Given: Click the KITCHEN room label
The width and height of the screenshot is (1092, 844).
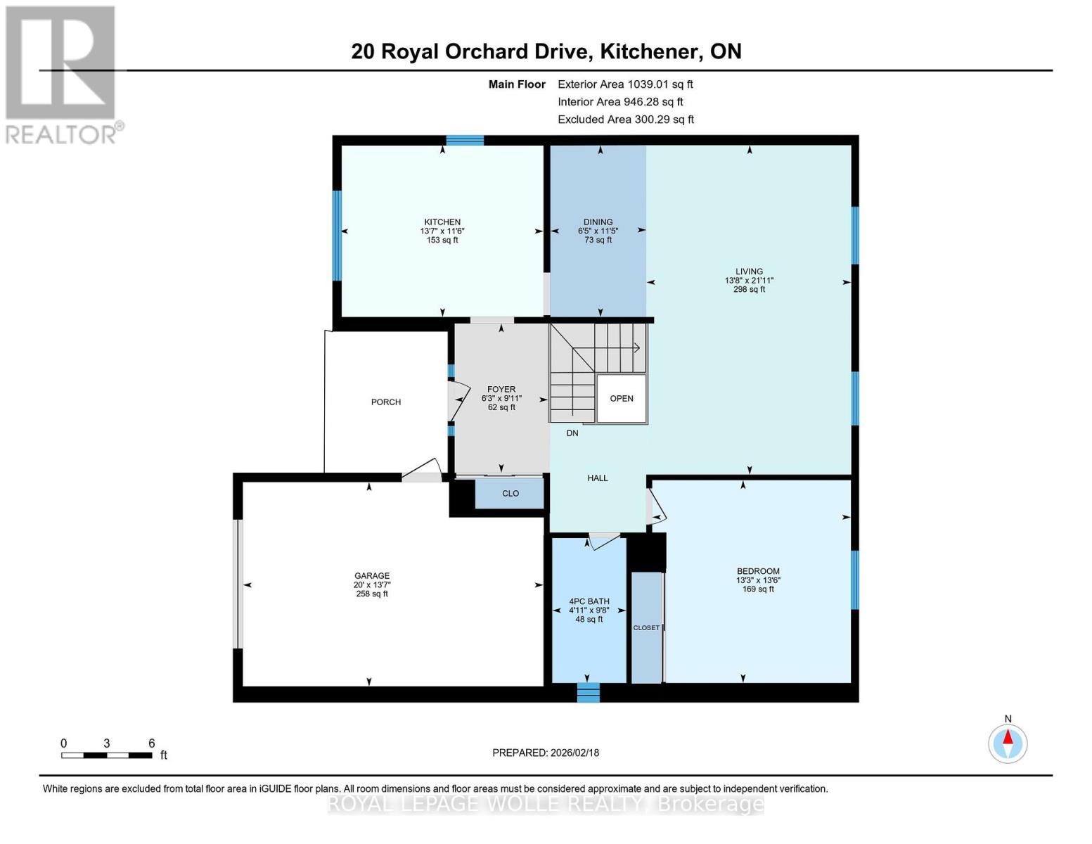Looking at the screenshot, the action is pyautogui.click(x=442, y=222).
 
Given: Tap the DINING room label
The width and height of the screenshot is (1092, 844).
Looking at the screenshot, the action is pyautogui.click(x=598, y=222).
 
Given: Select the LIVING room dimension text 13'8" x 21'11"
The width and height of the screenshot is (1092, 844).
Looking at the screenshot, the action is pyautogui.click(x=749, y=281).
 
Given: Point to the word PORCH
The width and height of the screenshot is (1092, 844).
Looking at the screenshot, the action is pyautogui.click(x=385, y=402).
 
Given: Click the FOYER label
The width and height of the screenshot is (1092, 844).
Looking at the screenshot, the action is pyautogui.click(x=501, y=389).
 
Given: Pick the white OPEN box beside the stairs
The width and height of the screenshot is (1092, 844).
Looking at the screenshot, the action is pyautogui.click(x=621, y=398).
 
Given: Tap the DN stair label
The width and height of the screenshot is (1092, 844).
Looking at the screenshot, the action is pyautogui.click(x=572, y=433).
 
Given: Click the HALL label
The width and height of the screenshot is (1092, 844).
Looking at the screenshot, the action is pyautogui.click(x=598, y=478).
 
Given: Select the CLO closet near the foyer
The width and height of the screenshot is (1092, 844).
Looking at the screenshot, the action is pyautogui.click(x=510, y=494).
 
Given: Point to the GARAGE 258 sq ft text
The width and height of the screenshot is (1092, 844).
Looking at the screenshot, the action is pyautogui.click(x=372, y=594).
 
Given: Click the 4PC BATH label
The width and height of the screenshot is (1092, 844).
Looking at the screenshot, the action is pyautogui.click(x=589, y=601).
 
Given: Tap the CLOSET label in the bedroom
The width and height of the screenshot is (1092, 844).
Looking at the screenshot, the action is pyautogui.click(x=646, y=628).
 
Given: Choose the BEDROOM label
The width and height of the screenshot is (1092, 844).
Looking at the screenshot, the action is pyautogui.click(x=758, y=571).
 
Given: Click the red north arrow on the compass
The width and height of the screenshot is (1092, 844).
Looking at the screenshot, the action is pyautogui.click(x=1008, y=737).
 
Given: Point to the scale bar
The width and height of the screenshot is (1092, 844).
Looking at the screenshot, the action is pyautogui.click(x=107, y=755).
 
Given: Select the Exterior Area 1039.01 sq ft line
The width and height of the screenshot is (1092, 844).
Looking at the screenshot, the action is pyautogui.click(x=625, y=84).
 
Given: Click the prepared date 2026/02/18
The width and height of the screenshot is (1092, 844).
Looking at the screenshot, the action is pyautogui.click(x=574, y=753).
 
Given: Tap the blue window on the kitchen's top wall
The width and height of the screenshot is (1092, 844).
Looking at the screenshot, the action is pyautogui.click(x=465, y=140).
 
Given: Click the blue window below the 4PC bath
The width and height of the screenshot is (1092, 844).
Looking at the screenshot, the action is pyautogui.click(x=588, y=693).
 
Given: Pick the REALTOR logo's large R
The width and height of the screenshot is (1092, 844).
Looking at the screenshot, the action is pyautogui.click(x=60, y=63).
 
